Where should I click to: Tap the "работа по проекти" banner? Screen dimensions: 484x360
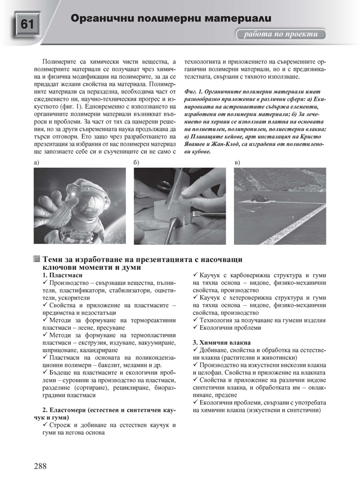coord(281,34)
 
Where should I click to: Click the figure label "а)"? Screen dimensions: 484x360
coord(37,163)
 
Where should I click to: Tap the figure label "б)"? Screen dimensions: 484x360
coord(137,163)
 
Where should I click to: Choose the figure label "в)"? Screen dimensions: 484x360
coord(237,163)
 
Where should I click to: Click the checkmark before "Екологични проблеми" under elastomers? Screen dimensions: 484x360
coord(196,329)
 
